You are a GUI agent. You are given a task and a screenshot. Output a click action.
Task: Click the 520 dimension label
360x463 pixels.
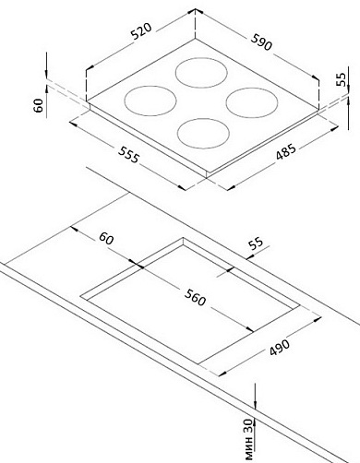141,31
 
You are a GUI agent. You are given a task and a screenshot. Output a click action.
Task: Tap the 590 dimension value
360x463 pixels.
261,42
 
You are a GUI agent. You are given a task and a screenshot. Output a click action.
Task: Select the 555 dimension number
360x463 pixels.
129,155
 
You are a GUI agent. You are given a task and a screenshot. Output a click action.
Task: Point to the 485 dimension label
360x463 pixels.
285,151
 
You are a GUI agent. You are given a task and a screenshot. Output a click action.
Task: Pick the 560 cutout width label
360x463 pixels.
195,298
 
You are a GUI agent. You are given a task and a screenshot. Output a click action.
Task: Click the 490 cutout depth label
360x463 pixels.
280,348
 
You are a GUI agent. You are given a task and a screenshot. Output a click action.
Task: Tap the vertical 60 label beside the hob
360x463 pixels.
39,105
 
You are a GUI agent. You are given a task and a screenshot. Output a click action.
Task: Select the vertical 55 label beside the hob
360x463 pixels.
341,79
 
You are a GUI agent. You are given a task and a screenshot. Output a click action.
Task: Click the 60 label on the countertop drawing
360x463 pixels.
106,239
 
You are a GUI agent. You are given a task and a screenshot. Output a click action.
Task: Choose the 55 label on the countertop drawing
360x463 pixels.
256,243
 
